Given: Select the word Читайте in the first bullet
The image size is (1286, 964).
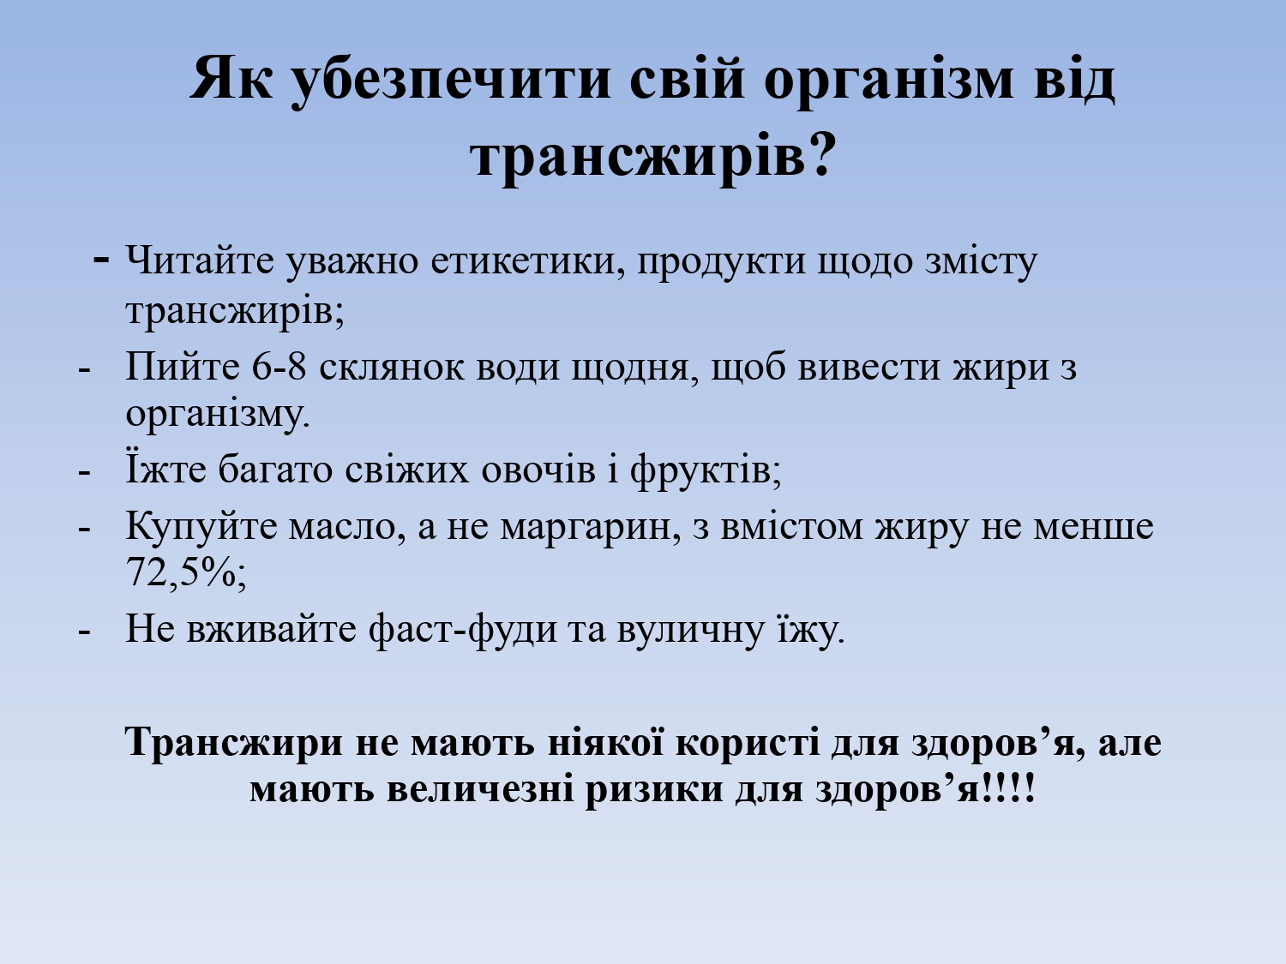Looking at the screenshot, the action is tap(200, 260).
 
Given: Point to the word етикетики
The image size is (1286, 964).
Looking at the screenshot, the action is tap(528, 261).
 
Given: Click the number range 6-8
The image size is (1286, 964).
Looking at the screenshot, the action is tap(279, 368).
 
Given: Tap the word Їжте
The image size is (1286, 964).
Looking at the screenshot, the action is tap(165, 468).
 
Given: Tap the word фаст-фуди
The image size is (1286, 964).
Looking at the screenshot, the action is tap(463, 630).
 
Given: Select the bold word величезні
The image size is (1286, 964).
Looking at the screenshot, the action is tap(480, 789).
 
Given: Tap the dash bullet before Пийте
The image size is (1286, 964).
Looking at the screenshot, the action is tap(84, 371).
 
